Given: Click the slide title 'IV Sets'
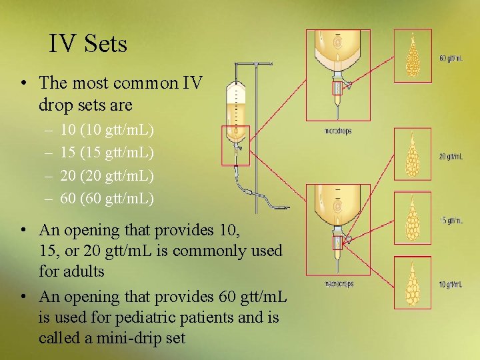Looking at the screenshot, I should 87,44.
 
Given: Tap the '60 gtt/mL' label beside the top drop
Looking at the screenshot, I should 451,58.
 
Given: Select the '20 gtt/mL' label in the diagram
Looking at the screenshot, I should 451,157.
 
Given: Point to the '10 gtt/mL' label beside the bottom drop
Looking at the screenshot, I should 451,284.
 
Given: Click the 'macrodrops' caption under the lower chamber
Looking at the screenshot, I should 339,285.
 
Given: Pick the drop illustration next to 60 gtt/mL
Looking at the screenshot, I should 413,55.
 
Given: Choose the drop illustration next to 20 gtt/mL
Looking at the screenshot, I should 413,155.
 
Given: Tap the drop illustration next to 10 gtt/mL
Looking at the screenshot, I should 413,283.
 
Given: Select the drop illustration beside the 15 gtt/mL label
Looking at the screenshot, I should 413,219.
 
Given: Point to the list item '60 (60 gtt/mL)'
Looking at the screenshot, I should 107,198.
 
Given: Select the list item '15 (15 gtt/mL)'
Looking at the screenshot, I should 107,152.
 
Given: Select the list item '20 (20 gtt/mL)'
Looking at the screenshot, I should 107,175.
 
